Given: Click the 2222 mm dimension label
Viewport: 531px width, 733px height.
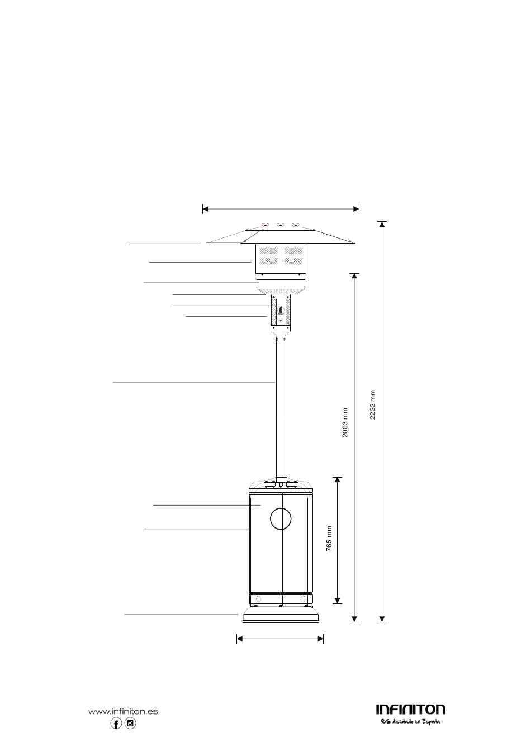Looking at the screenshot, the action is (x=373, y=404).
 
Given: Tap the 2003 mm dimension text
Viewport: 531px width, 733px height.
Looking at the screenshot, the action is (x=345, y=423).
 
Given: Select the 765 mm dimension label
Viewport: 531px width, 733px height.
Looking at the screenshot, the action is (x=329, y=539).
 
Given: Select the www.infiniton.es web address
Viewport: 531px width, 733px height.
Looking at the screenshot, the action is (x=123, y=709).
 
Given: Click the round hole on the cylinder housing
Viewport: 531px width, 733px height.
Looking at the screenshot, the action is (x=281, y=518).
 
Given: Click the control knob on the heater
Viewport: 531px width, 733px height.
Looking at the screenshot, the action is (x=281, y=309).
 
